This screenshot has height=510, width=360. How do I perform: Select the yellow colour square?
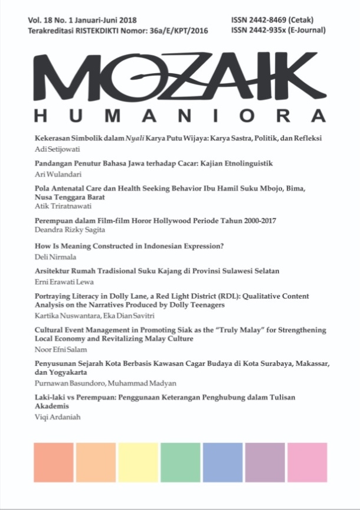138,464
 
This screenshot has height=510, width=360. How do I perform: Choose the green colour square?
180,464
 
